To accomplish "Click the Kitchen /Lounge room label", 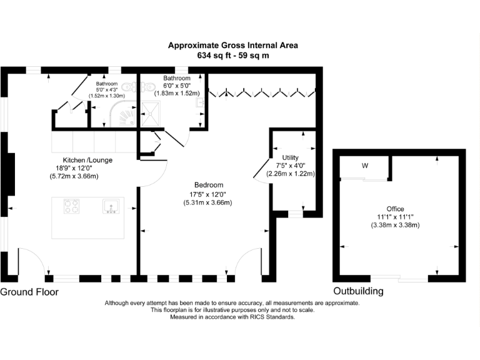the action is [87, 160].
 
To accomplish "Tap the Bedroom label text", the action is [209, 185].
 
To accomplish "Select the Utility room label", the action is [290, 157].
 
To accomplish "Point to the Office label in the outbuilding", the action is [395, 209].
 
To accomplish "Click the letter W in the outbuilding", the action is [365, 166].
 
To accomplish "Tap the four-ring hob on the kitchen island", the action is [72, 206].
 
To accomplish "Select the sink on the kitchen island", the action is [111, 206].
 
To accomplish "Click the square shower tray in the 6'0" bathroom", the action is [150, 114].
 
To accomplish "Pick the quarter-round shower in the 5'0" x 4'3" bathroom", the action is [123, 114].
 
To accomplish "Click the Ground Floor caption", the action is [29, 292].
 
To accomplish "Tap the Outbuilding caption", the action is [358, 291].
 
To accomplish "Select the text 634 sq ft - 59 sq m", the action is [233, 56].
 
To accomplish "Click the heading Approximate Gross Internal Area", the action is [233, 45].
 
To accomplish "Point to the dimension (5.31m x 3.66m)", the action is [207, 202].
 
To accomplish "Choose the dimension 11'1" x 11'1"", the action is [395, 217].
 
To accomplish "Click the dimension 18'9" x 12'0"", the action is [74, 168].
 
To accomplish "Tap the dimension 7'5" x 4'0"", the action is [290, 166].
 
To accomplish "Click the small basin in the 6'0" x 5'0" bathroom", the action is [200, 102].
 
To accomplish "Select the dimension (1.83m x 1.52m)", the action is [177, 93].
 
